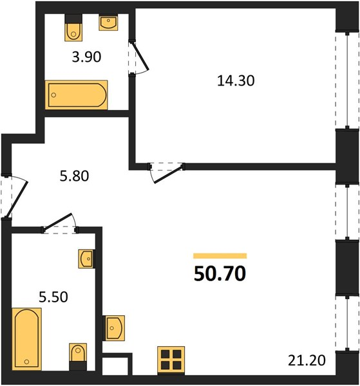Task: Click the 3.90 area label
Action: (x=86, y=57)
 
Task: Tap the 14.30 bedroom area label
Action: (x=236, y=81)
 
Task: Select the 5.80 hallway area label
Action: (x=74, y=176)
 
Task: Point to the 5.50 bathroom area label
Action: (x=53, y=297)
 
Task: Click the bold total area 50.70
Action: (x=220, y=273)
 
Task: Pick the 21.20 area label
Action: (x=307, y=360)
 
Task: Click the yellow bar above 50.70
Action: (x=220, y=256)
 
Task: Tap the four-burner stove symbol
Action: (x=171, y=359)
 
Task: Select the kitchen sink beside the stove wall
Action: (x=113, y=328)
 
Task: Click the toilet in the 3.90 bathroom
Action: (x=73, y=28)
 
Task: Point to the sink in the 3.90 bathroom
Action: (x=108, y=22)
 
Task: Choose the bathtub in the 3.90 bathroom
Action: (x=77, y=95)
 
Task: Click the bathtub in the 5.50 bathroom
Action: (x=26, y=339)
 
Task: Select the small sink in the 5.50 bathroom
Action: (x=87, y=259)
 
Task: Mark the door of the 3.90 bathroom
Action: (x=138, y=57)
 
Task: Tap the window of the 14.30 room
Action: (x=347, y=80)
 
